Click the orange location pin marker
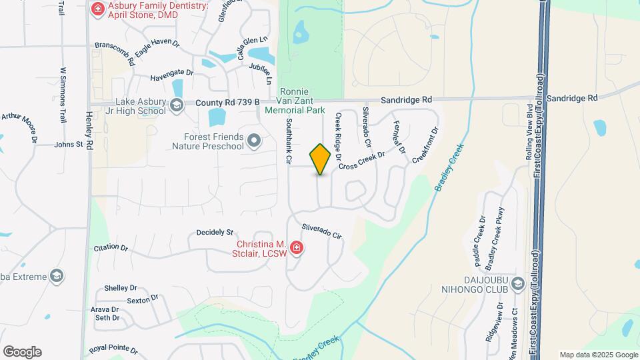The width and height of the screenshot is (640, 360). tap(321, 159)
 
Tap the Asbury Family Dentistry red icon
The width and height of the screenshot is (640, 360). tap(98, 9)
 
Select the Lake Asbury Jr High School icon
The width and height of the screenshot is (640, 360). tap(176, 105)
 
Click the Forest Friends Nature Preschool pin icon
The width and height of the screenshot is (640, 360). tap(254, 141)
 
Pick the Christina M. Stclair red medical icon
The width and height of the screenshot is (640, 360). tap(297, 249)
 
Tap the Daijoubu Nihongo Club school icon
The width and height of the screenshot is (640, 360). tap(518, 285)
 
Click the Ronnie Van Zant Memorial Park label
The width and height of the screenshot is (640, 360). tap(295, 101)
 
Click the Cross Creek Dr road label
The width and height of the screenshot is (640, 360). tap(362, 161)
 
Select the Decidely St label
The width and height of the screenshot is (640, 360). tap(215, 233)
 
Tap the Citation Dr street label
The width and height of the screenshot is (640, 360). tap(111, 247)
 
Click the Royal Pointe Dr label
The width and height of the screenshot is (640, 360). tap(113, 349)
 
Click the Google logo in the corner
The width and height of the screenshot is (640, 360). tap(22, 352)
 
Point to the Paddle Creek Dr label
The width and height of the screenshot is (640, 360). tap(477, 237)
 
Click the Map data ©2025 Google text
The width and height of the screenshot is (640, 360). tap(598, 355)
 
